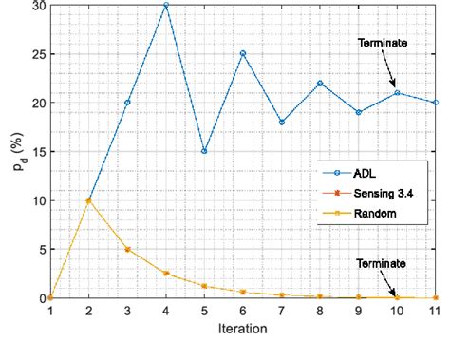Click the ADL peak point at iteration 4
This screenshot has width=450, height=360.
[x=165, y=5]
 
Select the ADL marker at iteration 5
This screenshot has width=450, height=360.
[x=204, y=151]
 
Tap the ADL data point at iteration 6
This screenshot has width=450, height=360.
[x=243, y=53]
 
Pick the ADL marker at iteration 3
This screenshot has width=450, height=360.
[x=127, y=103]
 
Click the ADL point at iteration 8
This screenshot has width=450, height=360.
[x=320, y=83]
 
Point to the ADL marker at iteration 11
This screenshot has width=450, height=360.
[x=436, y=103]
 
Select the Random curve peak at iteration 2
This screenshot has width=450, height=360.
[x=88, y=200]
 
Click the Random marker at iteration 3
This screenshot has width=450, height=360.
[x=127, y=249]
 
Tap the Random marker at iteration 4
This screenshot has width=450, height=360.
[x=165, y=274]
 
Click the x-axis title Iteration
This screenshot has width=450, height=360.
[x=243, y=330]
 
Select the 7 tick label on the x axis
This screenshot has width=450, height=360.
[x=281, y=311]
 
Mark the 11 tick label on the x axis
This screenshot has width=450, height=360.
[x=435, y=311]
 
